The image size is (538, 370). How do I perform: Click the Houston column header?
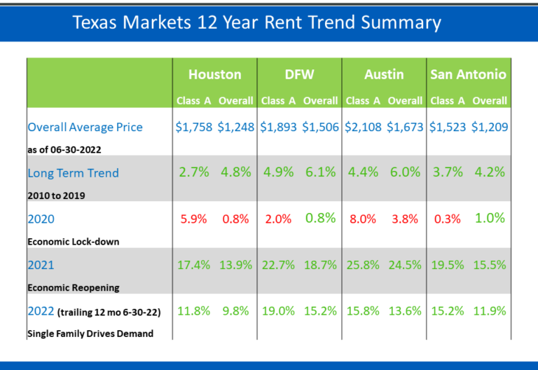tap(214, 74)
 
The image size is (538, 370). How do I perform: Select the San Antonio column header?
tap(468, 74)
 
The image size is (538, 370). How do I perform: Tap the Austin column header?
tap(383, 74)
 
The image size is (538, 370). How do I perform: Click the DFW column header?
tap(299, 74)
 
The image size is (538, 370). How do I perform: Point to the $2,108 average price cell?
tap(363, 128)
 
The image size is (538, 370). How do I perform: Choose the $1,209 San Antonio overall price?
tap(490, 128)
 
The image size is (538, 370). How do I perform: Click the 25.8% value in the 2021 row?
tap(363, 266)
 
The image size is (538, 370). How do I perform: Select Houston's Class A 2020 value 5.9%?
tap(193, 219)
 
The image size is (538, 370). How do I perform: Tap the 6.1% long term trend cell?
tap(320, 172)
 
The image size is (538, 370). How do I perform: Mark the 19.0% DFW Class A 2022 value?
tap(278, 311)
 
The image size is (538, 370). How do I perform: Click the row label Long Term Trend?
tap(73, 173)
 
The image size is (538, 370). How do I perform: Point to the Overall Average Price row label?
tap(85, 128)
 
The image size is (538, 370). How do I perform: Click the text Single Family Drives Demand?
tap(90, 334)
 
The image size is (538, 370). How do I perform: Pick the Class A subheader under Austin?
tap(362, 101)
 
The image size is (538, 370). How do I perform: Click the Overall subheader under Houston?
tap(235, 101)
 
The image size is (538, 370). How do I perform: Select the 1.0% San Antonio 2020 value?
tap(490, 218)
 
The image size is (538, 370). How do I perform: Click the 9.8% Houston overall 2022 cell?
tap(235, 311)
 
